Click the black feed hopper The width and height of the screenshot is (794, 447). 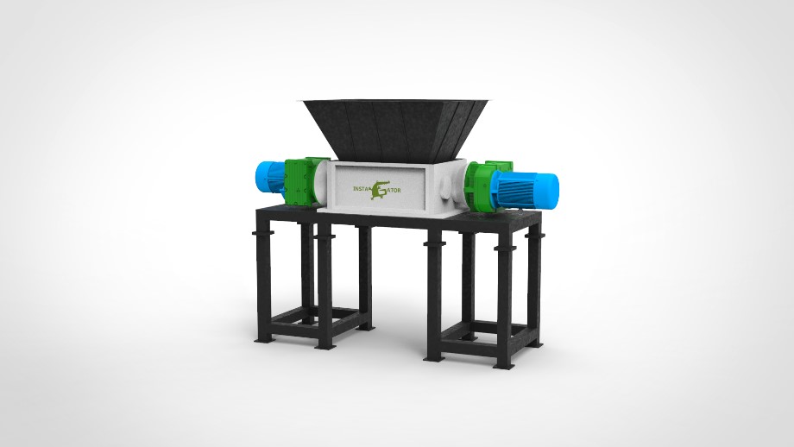pyautogui.click(x=389, y=126)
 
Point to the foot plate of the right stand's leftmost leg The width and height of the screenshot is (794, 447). pyautogui.click(x=434, y=356)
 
